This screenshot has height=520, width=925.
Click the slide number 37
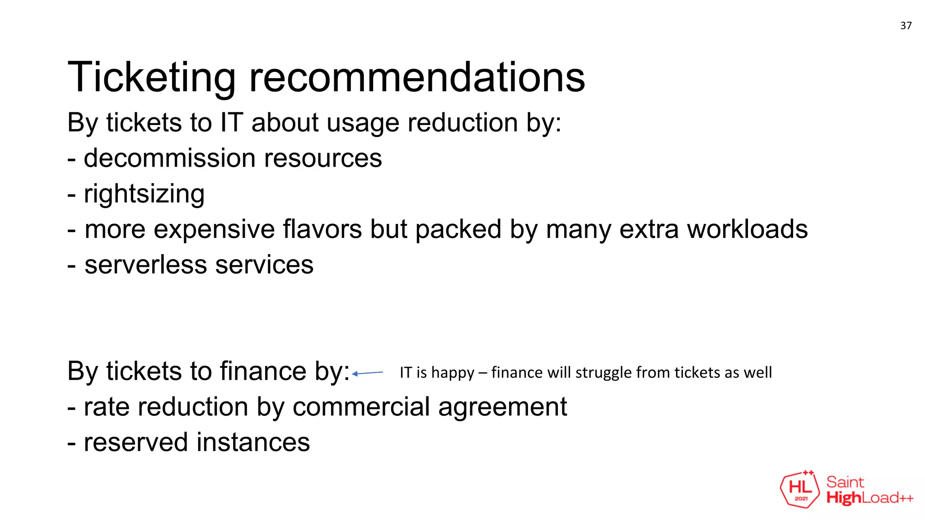[906, 26]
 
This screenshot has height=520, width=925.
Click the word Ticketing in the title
[151, 78]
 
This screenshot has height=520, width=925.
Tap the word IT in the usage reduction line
[231, 123]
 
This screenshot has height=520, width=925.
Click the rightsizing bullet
[144, 194]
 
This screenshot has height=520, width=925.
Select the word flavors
[322, 229]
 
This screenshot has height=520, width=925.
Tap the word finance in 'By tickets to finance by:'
[262, 371]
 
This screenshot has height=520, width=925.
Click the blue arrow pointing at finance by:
[367, 373]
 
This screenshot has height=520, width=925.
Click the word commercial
[361, 407]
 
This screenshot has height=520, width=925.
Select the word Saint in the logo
[845, 482]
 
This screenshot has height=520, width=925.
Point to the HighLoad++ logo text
[869, 498]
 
